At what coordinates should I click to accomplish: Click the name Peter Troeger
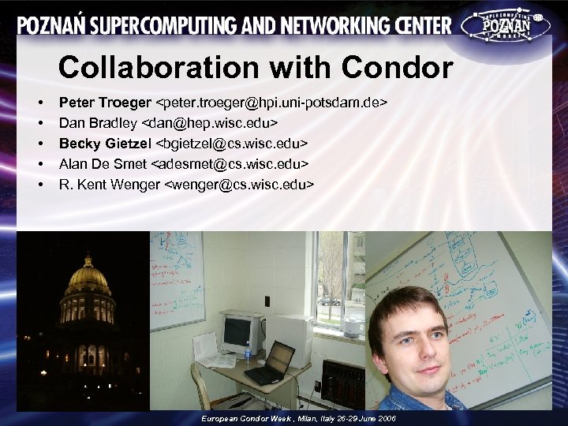(x=105, y=103)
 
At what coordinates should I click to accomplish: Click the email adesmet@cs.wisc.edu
(x=229, y=164)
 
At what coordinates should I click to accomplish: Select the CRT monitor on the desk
(x=240, y=334)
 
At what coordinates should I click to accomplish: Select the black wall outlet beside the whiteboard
(x=267, y=301)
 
